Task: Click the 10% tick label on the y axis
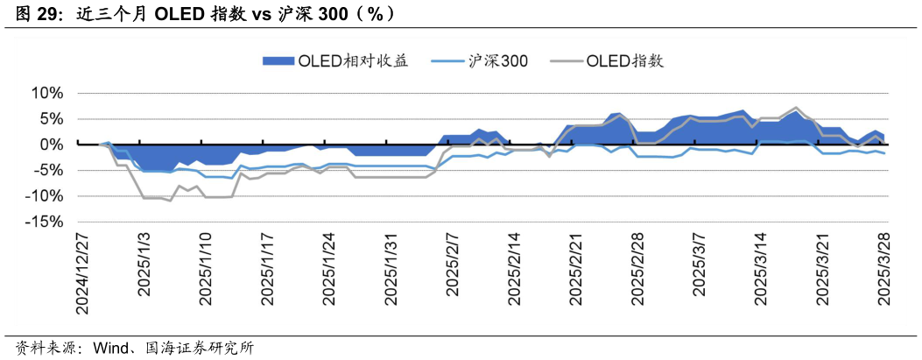pyautogui.click(x=47, y=93)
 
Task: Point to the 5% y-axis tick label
pyautogui.click(x=51, y=118)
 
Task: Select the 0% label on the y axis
pyautogui.click(x=51, y=145)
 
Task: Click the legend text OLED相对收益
pyautogui.click(x=353, y=60)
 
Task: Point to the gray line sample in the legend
pyautogui.click(x=565, y=60)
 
